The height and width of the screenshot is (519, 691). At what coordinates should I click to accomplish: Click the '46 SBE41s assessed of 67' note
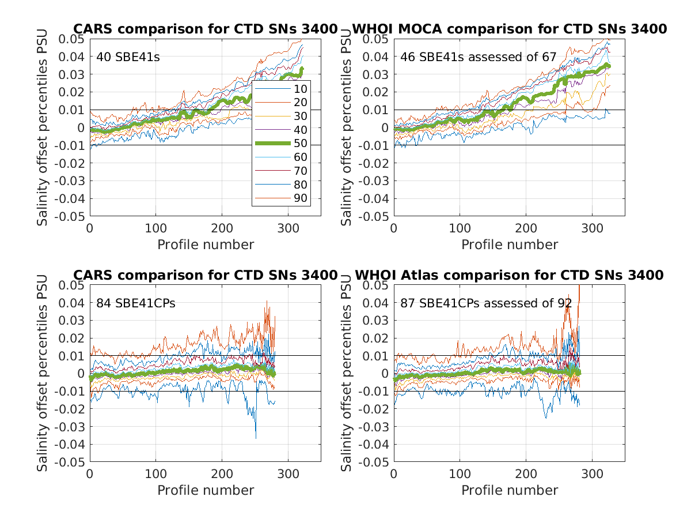[479, 57]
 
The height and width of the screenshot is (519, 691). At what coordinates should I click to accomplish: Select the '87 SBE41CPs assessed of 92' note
[486, 303]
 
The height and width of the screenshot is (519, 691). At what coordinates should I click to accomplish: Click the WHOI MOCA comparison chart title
[509, 29]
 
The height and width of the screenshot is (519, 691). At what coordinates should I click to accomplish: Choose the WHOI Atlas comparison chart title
[509, 275]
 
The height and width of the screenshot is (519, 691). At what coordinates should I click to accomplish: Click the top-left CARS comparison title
[205, 29]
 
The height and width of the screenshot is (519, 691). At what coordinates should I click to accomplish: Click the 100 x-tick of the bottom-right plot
[460, 473]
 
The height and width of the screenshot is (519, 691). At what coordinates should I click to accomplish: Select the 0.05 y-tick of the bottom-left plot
[73, 285]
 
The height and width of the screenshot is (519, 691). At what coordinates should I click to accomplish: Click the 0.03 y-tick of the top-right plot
[377, 74]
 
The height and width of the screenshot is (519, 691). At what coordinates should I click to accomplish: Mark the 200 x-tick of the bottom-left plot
[222, 473]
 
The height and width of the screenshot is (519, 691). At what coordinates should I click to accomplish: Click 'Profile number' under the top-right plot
[510, 245]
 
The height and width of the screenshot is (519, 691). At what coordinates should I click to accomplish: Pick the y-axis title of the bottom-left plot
[43, 373]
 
